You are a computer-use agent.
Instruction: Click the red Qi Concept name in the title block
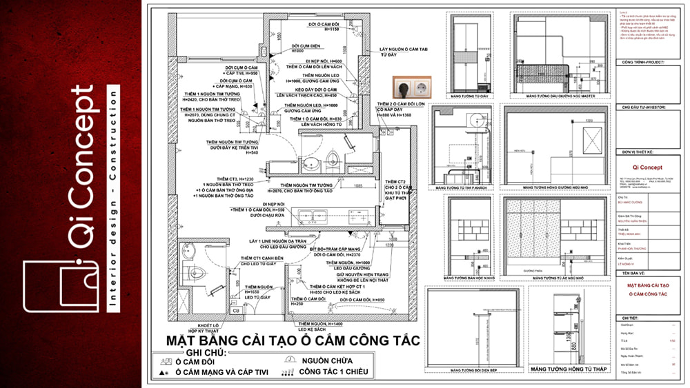click(642, 167)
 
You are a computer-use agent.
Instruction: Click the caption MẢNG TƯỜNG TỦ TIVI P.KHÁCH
click(462, 187)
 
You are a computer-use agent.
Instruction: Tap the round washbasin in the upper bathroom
click(310, 164)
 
